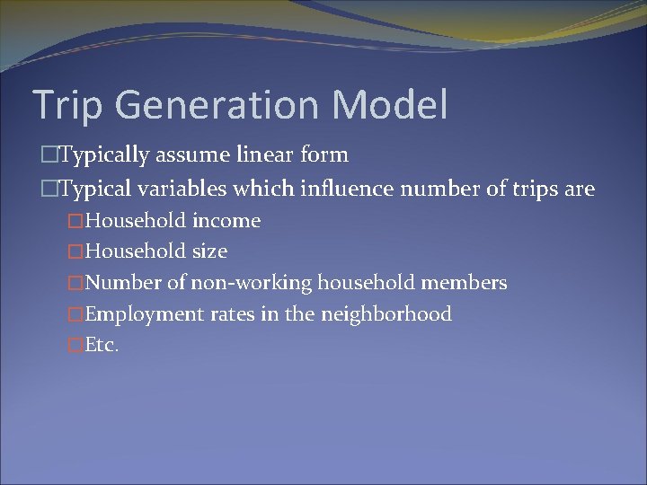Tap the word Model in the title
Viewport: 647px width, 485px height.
[x=392, y=104]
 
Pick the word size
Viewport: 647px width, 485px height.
[x=209, y=251]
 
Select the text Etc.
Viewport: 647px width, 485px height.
[x=101, y=346]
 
